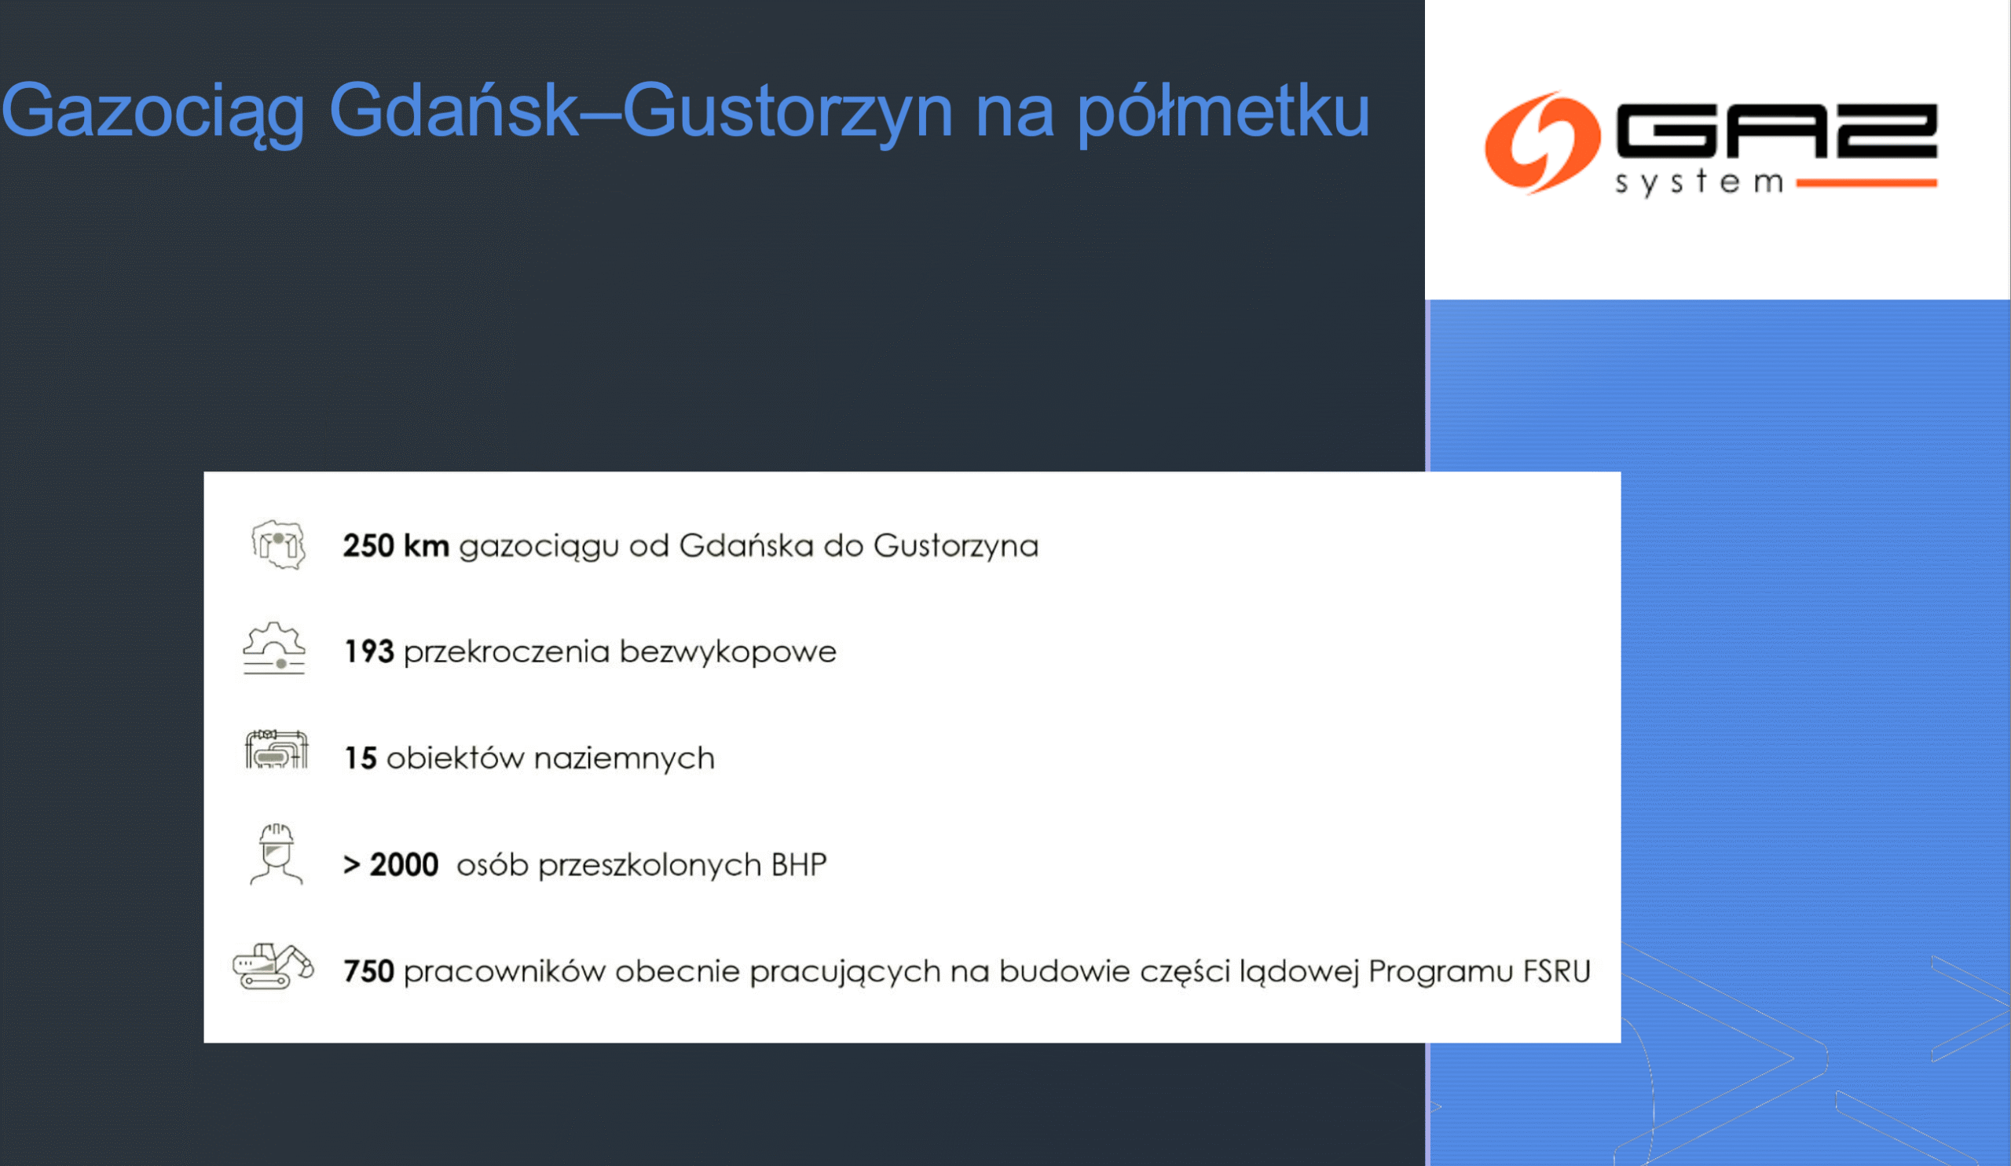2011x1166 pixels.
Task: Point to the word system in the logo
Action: (x=1699, y=183)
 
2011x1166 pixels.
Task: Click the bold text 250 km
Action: (x=396, y=546)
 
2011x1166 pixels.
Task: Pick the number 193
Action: (x=368, y=652)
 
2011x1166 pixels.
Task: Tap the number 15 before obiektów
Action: (x=360, y=758)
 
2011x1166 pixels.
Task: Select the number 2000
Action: (x=404, y=864)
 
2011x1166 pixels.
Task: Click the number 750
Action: (x=368, y=971)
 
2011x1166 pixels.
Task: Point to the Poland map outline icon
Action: (x=278, y=545)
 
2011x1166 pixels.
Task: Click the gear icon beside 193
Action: (x=273, y=648)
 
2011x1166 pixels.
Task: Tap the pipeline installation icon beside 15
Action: (x=276, y=750)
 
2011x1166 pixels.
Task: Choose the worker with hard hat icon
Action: (x=276, y=854)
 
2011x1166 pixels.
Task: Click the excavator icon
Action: (x=273, y=966)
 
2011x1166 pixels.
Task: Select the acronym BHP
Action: (x=799, y=864)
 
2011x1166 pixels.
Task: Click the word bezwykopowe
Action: (x=727, y=652)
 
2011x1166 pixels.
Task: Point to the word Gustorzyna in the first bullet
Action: (x=956, y=546)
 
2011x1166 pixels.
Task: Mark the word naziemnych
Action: (x=624, y=758)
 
